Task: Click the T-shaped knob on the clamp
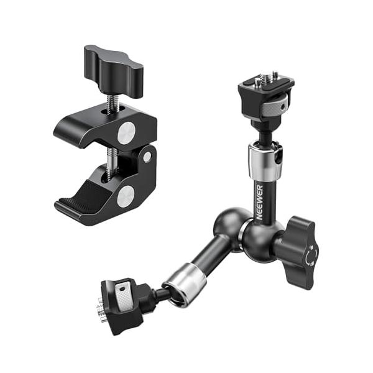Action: pyautogui.click(x=114, y=71)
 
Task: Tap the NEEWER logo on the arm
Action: pyautogui.click(x=260, y=203)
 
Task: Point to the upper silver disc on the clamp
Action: pyautogui.click(x=127, y=133)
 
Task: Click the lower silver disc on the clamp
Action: pyautogui.click(x=126, y=196)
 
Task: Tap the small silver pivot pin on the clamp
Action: pyautogui.click(x=147, y=157)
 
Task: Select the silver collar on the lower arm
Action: pyautogui.click(x=185, y=284)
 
